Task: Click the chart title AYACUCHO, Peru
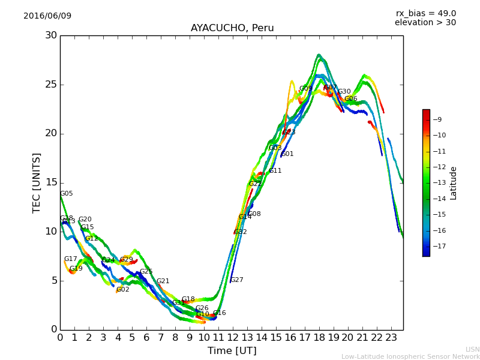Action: pyautogui.click(x=232, y=28)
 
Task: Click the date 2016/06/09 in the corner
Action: pyautogui.click(x=47, y=16)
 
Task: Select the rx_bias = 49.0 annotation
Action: pyautogui.click(x=425, y=14)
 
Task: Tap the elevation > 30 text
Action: pyautogui.click(x=425, y=23)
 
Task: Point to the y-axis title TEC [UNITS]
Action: pyautogui.click(x=37, y=183)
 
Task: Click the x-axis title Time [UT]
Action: pyautogui.click(x=232, y=351)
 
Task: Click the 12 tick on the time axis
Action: pyautogui.click(x=233, y=337)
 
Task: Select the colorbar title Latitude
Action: pyautogui.click(x=454, y=183)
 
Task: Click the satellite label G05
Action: pyautogui.click(x=66, y=194)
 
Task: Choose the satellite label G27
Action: pyautogui.click(x=237, y=280)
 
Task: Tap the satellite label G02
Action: pyautogui.click(x=123, y=290)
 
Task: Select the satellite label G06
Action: pyautogui.click(x=351, y=99)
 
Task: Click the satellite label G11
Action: pyautogui.click(x=275, y=171)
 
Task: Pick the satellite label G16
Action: pyautogui.click(x=220, y=313)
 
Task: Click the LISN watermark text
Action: pyautogui.click(x=472, y=349)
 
